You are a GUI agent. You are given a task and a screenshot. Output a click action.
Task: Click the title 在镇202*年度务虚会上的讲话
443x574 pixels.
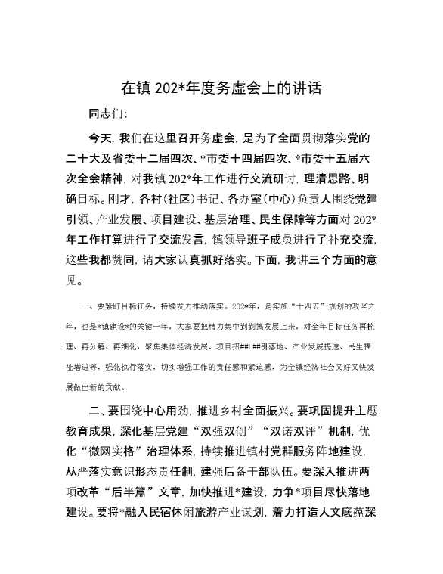click(221, 88)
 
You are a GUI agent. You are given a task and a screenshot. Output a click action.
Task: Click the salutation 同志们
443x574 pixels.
click(109, 114)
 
